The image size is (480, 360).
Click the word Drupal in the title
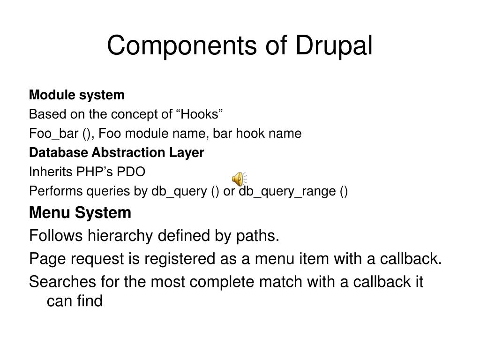334,46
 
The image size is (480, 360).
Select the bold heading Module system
77,95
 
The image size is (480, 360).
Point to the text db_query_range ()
293,192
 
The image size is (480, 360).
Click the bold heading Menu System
80,213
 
